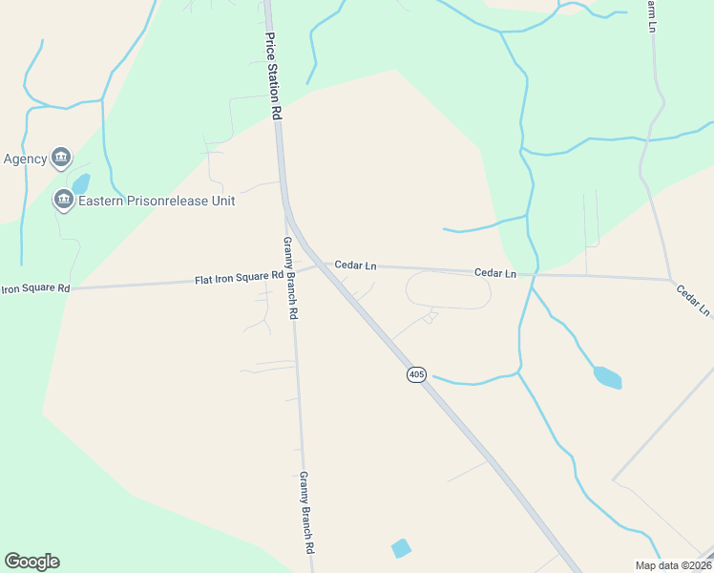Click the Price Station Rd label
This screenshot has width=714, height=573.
pyautogui.click(x=274, y=74)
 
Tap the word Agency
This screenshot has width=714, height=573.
pyautogui.click(x=25, y=159)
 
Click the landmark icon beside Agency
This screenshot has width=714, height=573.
pyautogui.click(x=61, y=157)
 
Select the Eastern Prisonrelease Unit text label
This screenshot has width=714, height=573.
pyautogui.click(x=157, y=201)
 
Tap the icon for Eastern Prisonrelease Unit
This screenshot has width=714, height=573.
pyautogui.click(x=64, y=199)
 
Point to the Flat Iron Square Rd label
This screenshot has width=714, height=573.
pyautogui.click(x=239, y=278)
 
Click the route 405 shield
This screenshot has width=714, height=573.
pyautogui.click(x=416, y=374)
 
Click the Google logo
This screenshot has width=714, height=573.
pyautogui.click(x=31, y=562)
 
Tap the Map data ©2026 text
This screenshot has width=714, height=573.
pyautogui.click(x=673, y=564)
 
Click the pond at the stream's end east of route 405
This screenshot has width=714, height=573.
pyautogui.click(x=607, y=377)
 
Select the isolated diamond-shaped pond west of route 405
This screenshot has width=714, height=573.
pyautogui.click(x=401, y=548)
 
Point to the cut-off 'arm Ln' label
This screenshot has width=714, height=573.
pyautogui.click(x=650, y=14)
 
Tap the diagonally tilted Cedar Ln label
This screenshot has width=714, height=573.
pyautogui.click(x=693, y=300)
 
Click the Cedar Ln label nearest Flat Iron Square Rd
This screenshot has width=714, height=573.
pyautogui.click(x=355, y=265)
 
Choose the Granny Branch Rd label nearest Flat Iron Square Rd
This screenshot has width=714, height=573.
pyautogui.click(x=289, y=278)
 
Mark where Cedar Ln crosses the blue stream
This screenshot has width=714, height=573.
pyautogui.click(x=531, y=275)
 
